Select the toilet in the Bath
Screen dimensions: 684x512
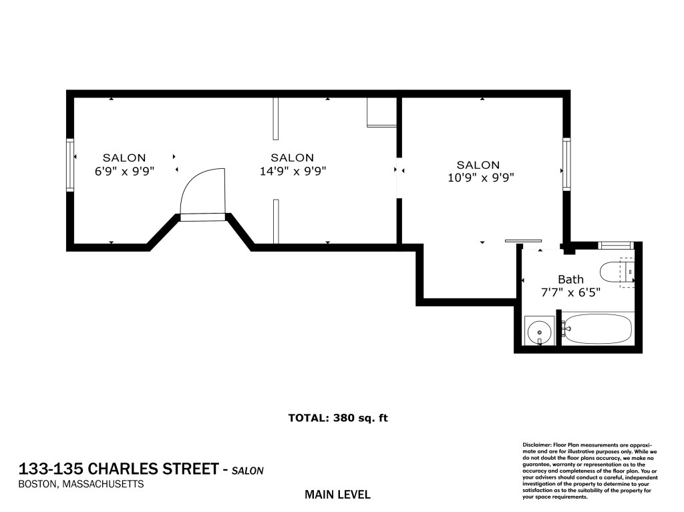coord(617,272)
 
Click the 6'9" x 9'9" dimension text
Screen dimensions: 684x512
coord(125,171)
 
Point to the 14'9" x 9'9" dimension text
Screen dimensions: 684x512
coord(293,171)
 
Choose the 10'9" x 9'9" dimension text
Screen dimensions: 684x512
coord(481,178)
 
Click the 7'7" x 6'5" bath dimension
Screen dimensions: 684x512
coord(570,292)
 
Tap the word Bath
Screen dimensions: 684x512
coord(570,279)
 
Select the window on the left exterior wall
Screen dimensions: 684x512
coord(69,164)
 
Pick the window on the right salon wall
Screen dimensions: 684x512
coord(566,164)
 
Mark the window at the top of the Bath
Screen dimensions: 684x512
coord(616,245)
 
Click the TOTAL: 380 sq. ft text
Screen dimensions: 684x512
coord(338,418)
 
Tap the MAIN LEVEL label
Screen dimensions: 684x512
coord(337,495)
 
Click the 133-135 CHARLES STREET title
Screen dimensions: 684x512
coord(118,469)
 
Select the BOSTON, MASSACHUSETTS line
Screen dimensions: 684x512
coord(81,484)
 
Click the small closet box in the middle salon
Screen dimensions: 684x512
coord(381,112)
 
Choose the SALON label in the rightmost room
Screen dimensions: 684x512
coord(478,165)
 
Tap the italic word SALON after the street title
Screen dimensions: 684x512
coord(247,471)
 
